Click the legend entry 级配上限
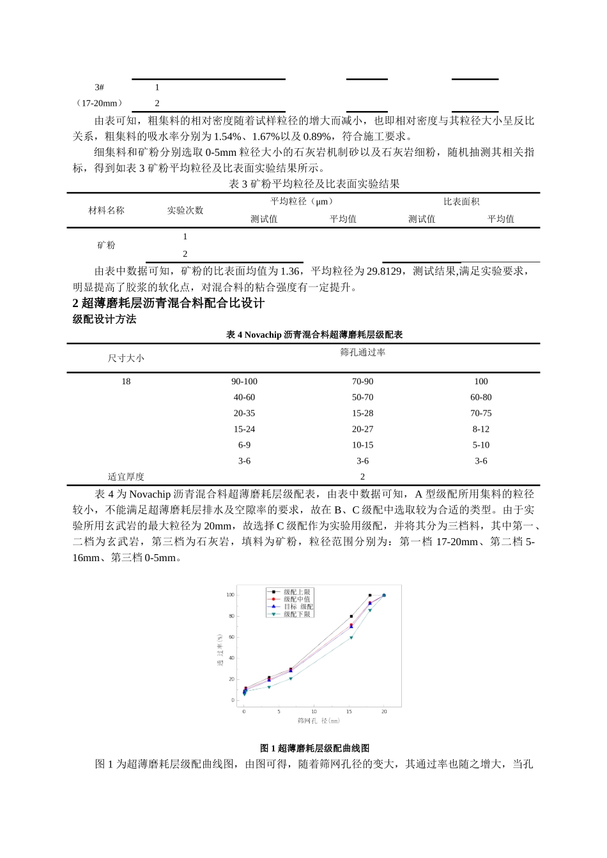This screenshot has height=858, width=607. pos(296,592)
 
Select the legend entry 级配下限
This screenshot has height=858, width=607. pos(296,614)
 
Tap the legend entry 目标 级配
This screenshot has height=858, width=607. pos(298,606)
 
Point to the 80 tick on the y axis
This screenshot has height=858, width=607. pos(231,616)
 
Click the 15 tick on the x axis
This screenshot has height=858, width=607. pos(349,711)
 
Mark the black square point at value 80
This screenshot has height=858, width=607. pos(351,617)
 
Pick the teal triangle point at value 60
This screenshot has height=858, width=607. pos(351,638)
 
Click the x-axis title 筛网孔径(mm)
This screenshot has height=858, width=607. pos(318,721)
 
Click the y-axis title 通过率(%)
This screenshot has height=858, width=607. pos(220,651)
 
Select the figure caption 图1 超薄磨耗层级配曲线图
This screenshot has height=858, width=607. pos(314,748)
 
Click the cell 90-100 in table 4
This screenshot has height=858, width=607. pos(244,382)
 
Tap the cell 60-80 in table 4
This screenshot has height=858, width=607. pos(480,398)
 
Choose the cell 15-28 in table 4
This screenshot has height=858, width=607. pos(362,414)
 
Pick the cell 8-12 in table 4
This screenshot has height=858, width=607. pos(480,430)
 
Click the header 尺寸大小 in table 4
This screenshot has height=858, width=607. pos(126,359)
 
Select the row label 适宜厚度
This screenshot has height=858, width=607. pos(126,477)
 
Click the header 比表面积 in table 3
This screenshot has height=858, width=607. pos(461,202)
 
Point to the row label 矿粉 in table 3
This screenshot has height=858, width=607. pos(106,245)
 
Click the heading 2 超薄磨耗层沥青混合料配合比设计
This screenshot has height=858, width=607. pos(169,303)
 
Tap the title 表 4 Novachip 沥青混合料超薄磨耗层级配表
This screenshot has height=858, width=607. pos(314,335)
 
